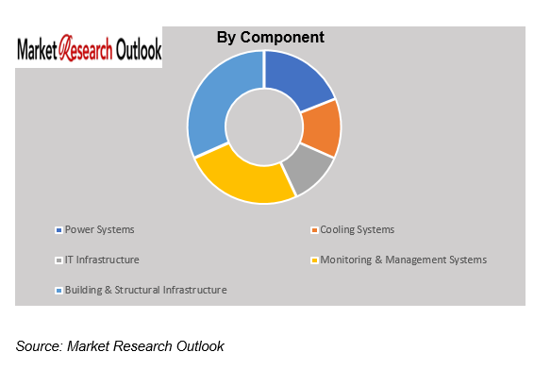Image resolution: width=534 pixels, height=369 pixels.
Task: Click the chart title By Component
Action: coord(271,38)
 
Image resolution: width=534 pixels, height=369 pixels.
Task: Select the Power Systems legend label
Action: coord(100,229)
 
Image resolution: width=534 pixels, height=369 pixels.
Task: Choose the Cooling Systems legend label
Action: coord(357,229)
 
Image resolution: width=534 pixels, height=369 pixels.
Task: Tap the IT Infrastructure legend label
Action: coord(103,260)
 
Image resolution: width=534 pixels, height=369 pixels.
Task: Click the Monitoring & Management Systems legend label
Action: coord(404,260)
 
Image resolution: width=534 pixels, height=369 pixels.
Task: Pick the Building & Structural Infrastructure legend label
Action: coord(146,290)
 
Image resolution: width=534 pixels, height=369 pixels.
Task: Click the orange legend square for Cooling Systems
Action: coord(314,230)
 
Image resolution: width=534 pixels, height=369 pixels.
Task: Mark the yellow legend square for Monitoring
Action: coord(314,260)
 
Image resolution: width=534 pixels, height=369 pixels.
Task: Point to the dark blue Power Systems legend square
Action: coord(59,230)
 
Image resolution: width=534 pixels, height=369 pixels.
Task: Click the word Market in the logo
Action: coord(38,50)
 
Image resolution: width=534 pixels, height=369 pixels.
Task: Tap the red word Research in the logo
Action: coord(86,50)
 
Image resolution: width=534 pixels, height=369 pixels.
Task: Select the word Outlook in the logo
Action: coord(137,50)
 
